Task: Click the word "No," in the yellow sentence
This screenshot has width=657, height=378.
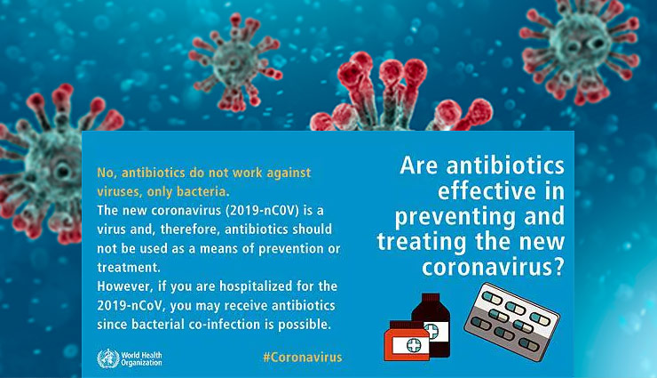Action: [107, 172]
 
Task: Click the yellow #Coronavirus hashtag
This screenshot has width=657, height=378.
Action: [302, 357]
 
